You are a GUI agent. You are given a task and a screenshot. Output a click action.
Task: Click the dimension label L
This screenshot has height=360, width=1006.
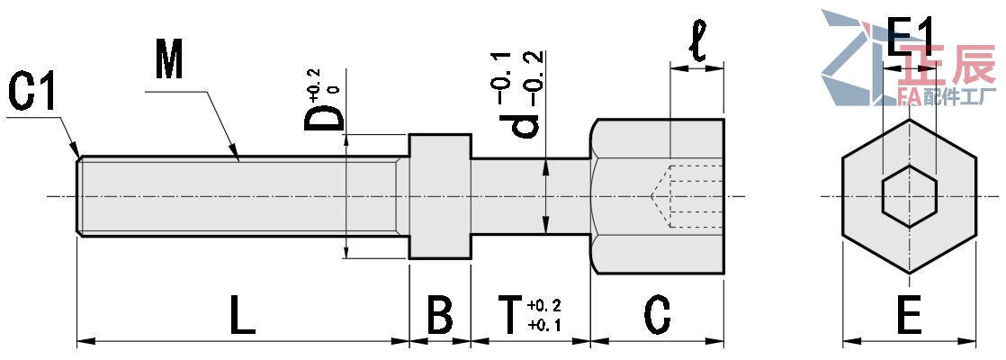[x=240, y=317]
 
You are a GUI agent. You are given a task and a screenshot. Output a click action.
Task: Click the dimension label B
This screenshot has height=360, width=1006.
[x=439, y=317]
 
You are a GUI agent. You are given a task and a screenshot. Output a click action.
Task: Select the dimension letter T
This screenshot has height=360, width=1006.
[x=509, y=317]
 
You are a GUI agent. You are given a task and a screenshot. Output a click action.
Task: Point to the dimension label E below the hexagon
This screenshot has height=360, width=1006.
[x=909, y=317]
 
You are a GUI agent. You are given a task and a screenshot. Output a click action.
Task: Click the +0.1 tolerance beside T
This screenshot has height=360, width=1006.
[x=546, y=325]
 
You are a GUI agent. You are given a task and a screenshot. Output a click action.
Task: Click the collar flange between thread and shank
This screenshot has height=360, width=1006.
[x=440, y=196]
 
